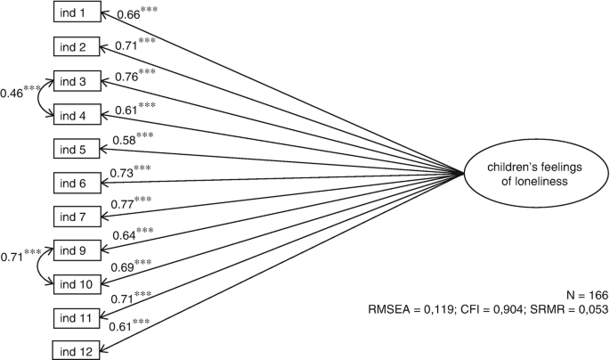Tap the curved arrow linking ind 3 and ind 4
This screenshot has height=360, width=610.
point(45,98)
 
